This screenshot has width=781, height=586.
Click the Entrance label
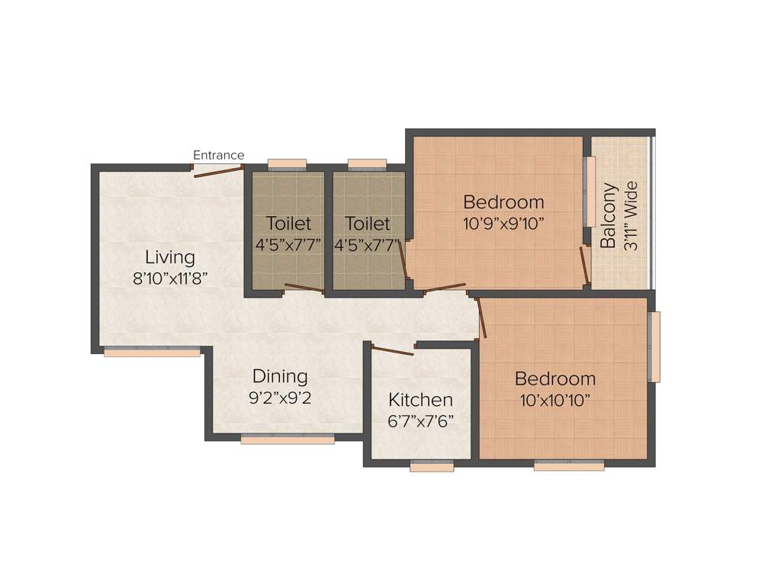[x=218, y=156]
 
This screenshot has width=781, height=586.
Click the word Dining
[x=280, y=376]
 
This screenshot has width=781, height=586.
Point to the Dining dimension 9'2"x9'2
[x=280, y=398]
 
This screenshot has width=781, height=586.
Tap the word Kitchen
[x=420, y=400]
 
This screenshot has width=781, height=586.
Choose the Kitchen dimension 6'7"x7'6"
[x=420, y=420]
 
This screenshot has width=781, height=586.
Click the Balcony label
[x=608, y=216]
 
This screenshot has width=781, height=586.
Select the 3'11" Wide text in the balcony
[x=630, y=216]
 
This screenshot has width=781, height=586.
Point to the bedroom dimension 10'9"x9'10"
[x=503, y=224]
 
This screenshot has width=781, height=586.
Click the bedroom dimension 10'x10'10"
[x=554, y=400]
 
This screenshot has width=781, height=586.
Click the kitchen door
[x=392, y=350]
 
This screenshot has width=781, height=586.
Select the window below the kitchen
[x=431, y=466]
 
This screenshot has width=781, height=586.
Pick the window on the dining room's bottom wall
[x=288, y=438]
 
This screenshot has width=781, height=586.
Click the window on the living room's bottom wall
[x=152, y=352]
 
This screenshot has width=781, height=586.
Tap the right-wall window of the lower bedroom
[x=654, y=347]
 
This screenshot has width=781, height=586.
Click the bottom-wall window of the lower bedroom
[x=569, y=465]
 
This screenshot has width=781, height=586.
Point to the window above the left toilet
[x=287, y=163]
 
